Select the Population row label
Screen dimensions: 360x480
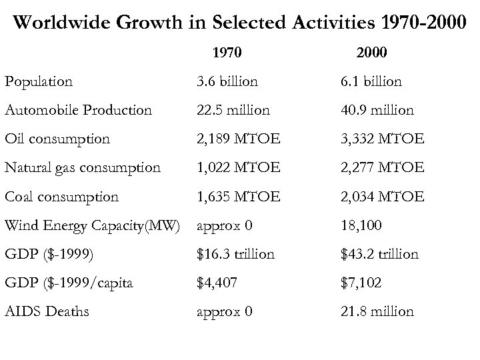(x=38, y=81)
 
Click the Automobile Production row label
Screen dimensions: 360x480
(x=78, y=110)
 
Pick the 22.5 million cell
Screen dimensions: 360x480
(x=233, y=110)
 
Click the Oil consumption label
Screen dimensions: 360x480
(x=57, y=139)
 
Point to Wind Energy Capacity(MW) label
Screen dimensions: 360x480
(x=92, y=225)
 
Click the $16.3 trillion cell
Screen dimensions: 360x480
(x=235, y=254)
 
